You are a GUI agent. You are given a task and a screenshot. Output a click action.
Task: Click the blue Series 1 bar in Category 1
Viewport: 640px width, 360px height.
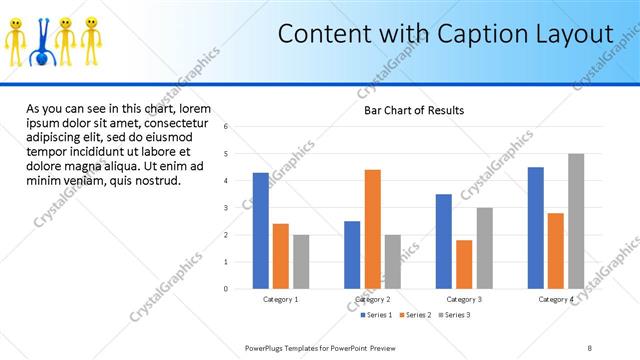click(260, 231)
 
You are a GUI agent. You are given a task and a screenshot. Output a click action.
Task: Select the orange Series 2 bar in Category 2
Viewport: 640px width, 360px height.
click(372, 229)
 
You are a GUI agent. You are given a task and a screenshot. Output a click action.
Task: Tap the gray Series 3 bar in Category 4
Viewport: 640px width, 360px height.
click(575, 221)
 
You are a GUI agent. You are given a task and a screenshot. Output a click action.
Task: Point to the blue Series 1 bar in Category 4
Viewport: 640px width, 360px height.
click(535, 228)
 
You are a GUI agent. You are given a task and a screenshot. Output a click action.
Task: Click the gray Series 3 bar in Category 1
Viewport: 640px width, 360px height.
click(301, 262)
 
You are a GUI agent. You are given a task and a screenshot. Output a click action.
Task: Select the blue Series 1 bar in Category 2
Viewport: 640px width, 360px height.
click(352, 255)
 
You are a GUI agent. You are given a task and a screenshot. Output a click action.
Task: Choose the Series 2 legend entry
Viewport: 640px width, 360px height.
click(415, 315)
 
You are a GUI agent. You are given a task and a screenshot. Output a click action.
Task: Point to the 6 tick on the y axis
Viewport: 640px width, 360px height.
click(227, 127)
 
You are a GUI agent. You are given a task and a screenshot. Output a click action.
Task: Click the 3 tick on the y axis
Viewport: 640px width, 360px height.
click(227, 208)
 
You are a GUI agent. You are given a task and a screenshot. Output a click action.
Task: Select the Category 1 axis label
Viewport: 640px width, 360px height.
click(281, 299)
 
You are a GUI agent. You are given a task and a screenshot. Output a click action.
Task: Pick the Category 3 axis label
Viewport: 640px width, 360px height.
click(464, 299)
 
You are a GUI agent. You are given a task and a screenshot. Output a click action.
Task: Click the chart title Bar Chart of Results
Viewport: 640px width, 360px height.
click(414, 110)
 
